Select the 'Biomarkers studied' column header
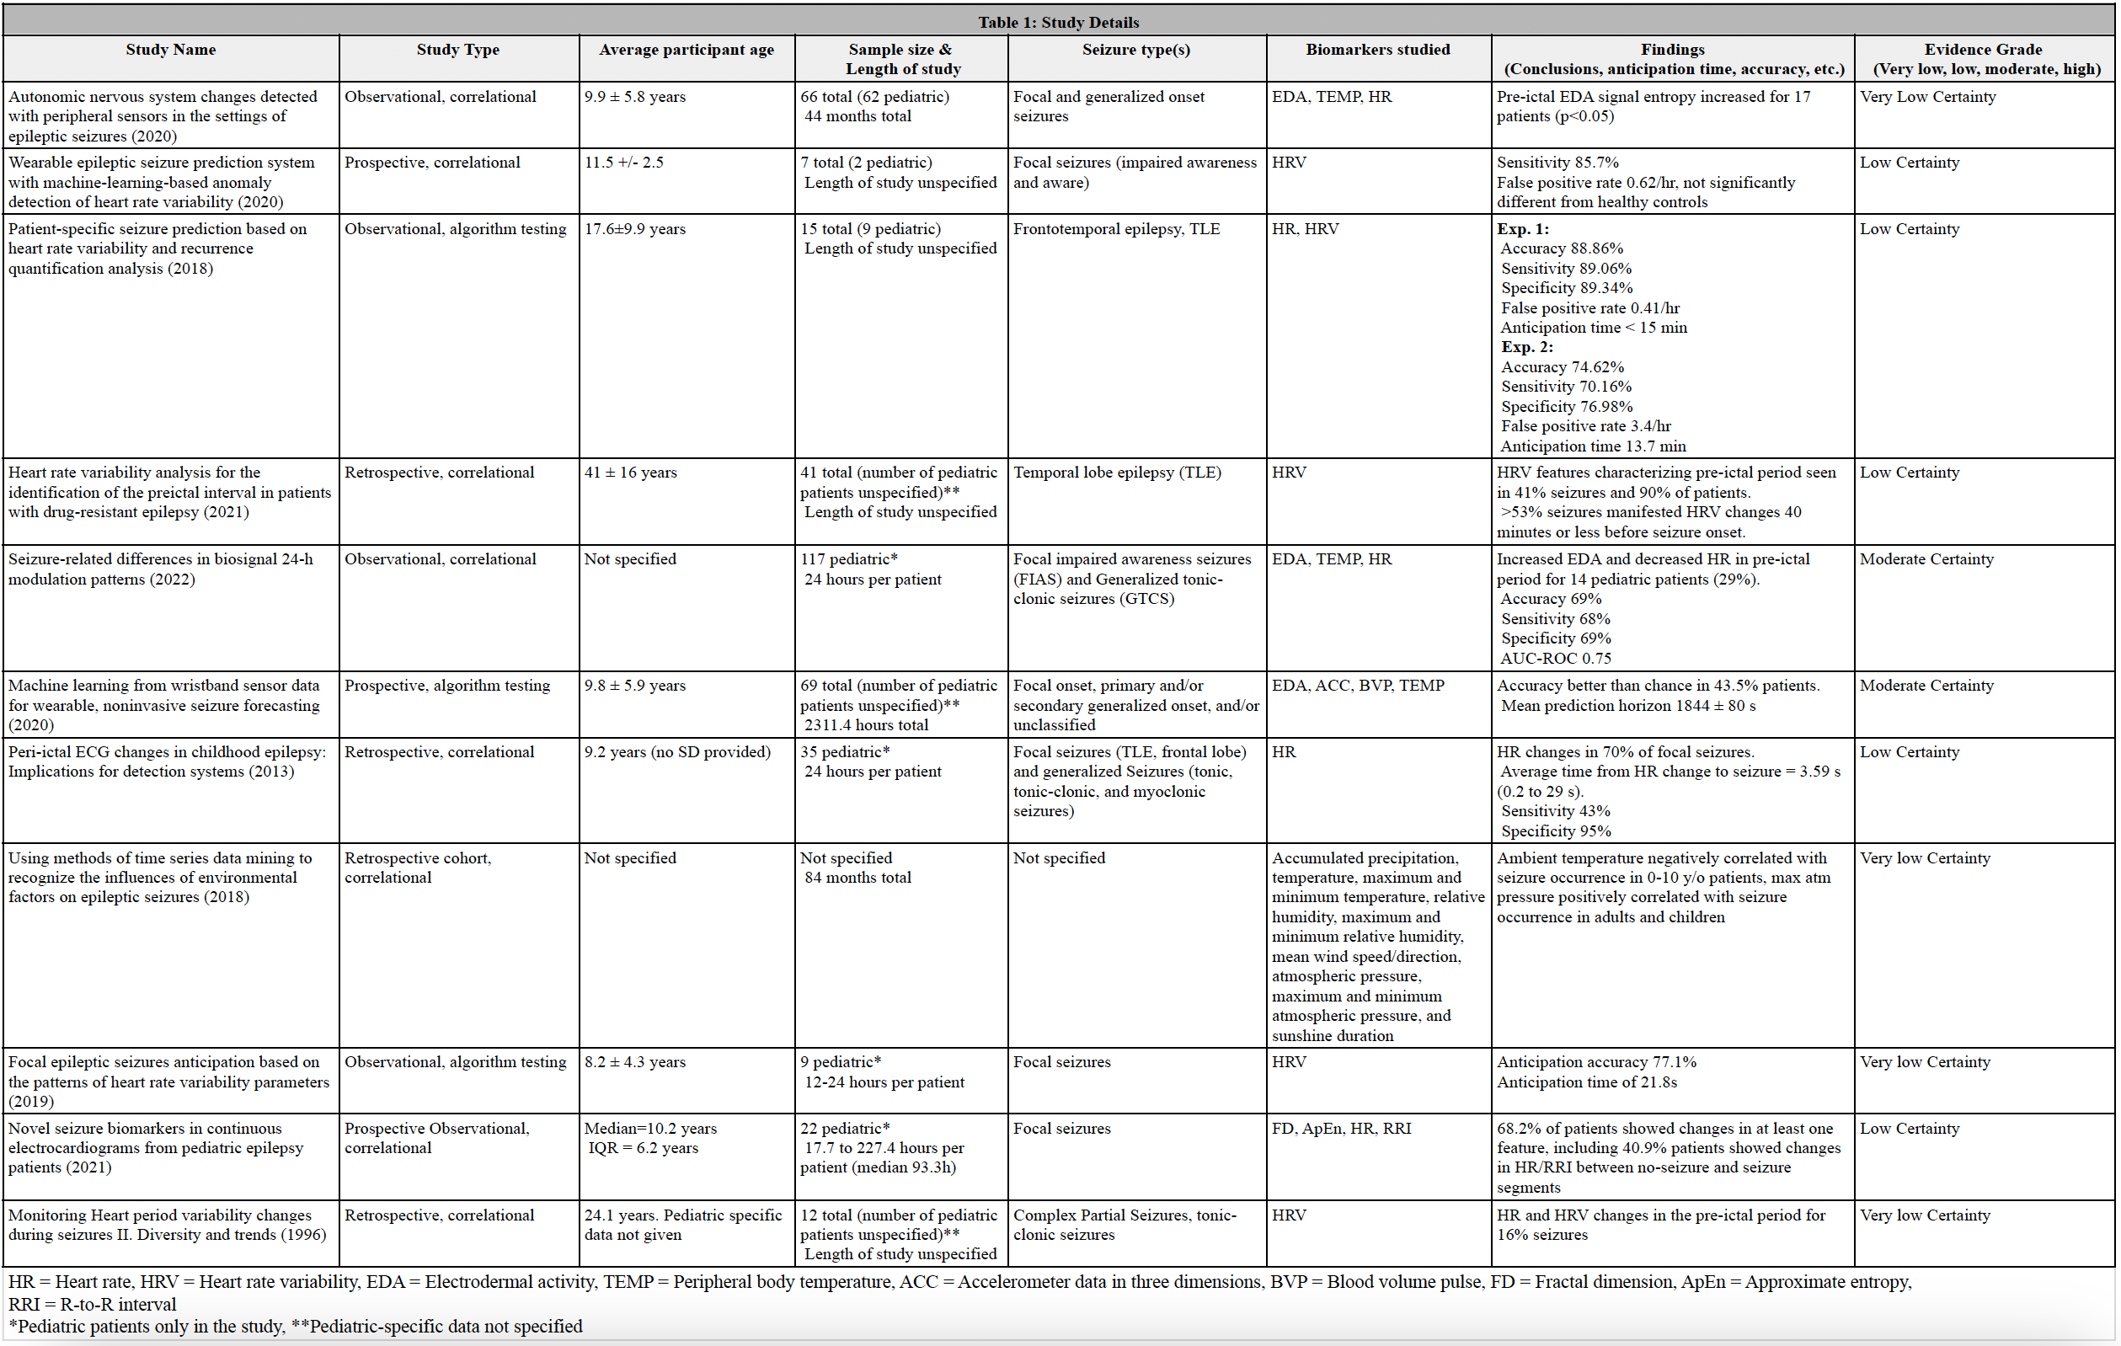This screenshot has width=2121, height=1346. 1377,50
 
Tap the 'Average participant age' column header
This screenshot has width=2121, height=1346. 687,50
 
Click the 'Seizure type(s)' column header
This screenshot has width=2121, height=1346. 1135,50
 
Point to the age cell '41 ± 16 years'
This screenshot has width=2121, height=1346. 631,473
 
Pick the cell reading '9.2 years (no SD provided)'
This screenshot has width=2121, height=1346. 677,751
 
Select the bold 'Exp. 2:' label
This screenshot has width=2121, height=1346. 1527,347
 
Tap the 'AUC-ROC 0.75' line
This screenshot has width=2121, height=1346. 1556,658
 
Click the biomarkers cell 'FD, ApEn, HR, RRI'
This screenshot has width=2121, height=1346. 1341,1128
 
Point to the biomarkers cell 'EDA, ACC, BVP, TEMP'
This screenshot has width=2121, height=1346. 1357,686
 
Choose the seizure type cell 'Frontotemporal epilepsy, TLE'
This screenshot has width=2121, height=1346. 1116,229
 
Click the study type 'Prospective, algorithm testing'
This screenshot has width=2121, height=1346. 446,686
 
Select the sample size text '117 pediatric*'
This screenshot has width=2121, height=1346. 848,558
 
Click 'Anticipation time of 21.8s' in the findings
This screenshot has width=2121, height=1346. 1586,1082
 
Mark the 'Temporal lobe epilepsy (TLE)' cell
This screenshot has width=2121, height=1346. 1117,473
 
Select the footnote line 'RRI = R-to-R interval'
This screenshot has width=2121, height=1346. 93,1304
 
